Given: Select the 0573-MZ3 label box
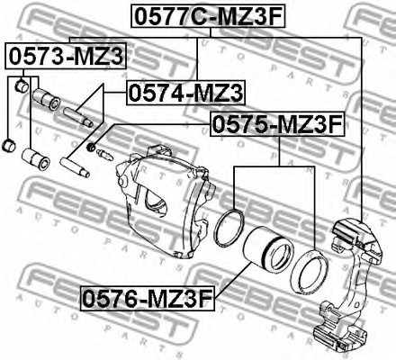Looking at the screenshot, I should click(66, 57).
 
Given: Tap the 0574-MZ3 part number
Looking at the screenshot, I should click(185, 92).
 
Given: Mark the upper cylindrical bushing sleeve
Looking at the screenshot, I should click(44, 96).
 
